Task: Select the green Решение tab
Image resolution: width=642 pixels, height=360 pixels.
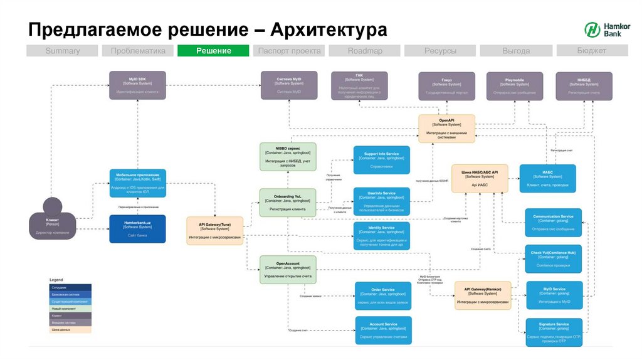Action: coord(213,51)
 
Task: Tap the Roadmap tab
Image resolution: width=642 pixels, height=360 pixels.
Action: coord(365,51)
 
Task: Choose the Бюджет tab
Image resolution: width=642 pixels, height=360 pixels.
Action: coord(591,51)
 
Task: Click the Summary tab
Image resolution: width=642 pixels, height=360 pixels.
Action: coord(63,51)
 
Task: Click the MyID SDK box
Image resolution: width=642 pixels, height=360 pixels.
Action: coord(137,85)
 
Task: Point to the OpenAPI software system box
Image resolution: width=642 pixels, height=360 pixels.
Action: coord(446,129)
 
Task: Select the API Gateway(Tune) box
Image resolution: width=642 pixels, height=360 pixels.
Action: coord(215,230)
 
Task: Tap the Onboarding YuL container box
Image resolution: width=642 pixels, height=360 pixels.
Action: coord(288,202)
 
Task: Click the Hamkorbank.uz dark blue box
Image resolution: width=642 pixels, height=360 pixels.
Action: coord(137,228)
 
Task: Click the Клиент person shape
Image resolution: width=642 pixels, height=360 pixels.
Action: coord(53,220)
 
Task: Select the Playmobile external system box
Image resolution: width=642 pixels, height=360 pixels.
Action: coord(514,85)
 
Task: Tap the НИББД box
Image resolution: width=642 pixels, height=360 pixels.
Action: coord(584,85)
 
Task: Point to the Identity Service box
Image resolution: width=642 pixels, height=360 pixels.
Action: coord(381,236)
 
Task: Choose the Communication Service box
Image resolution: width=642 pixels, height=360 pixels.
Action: coord(554,222)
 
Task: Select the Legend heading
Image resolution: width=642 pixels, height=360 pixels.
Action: coord(56,280)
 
